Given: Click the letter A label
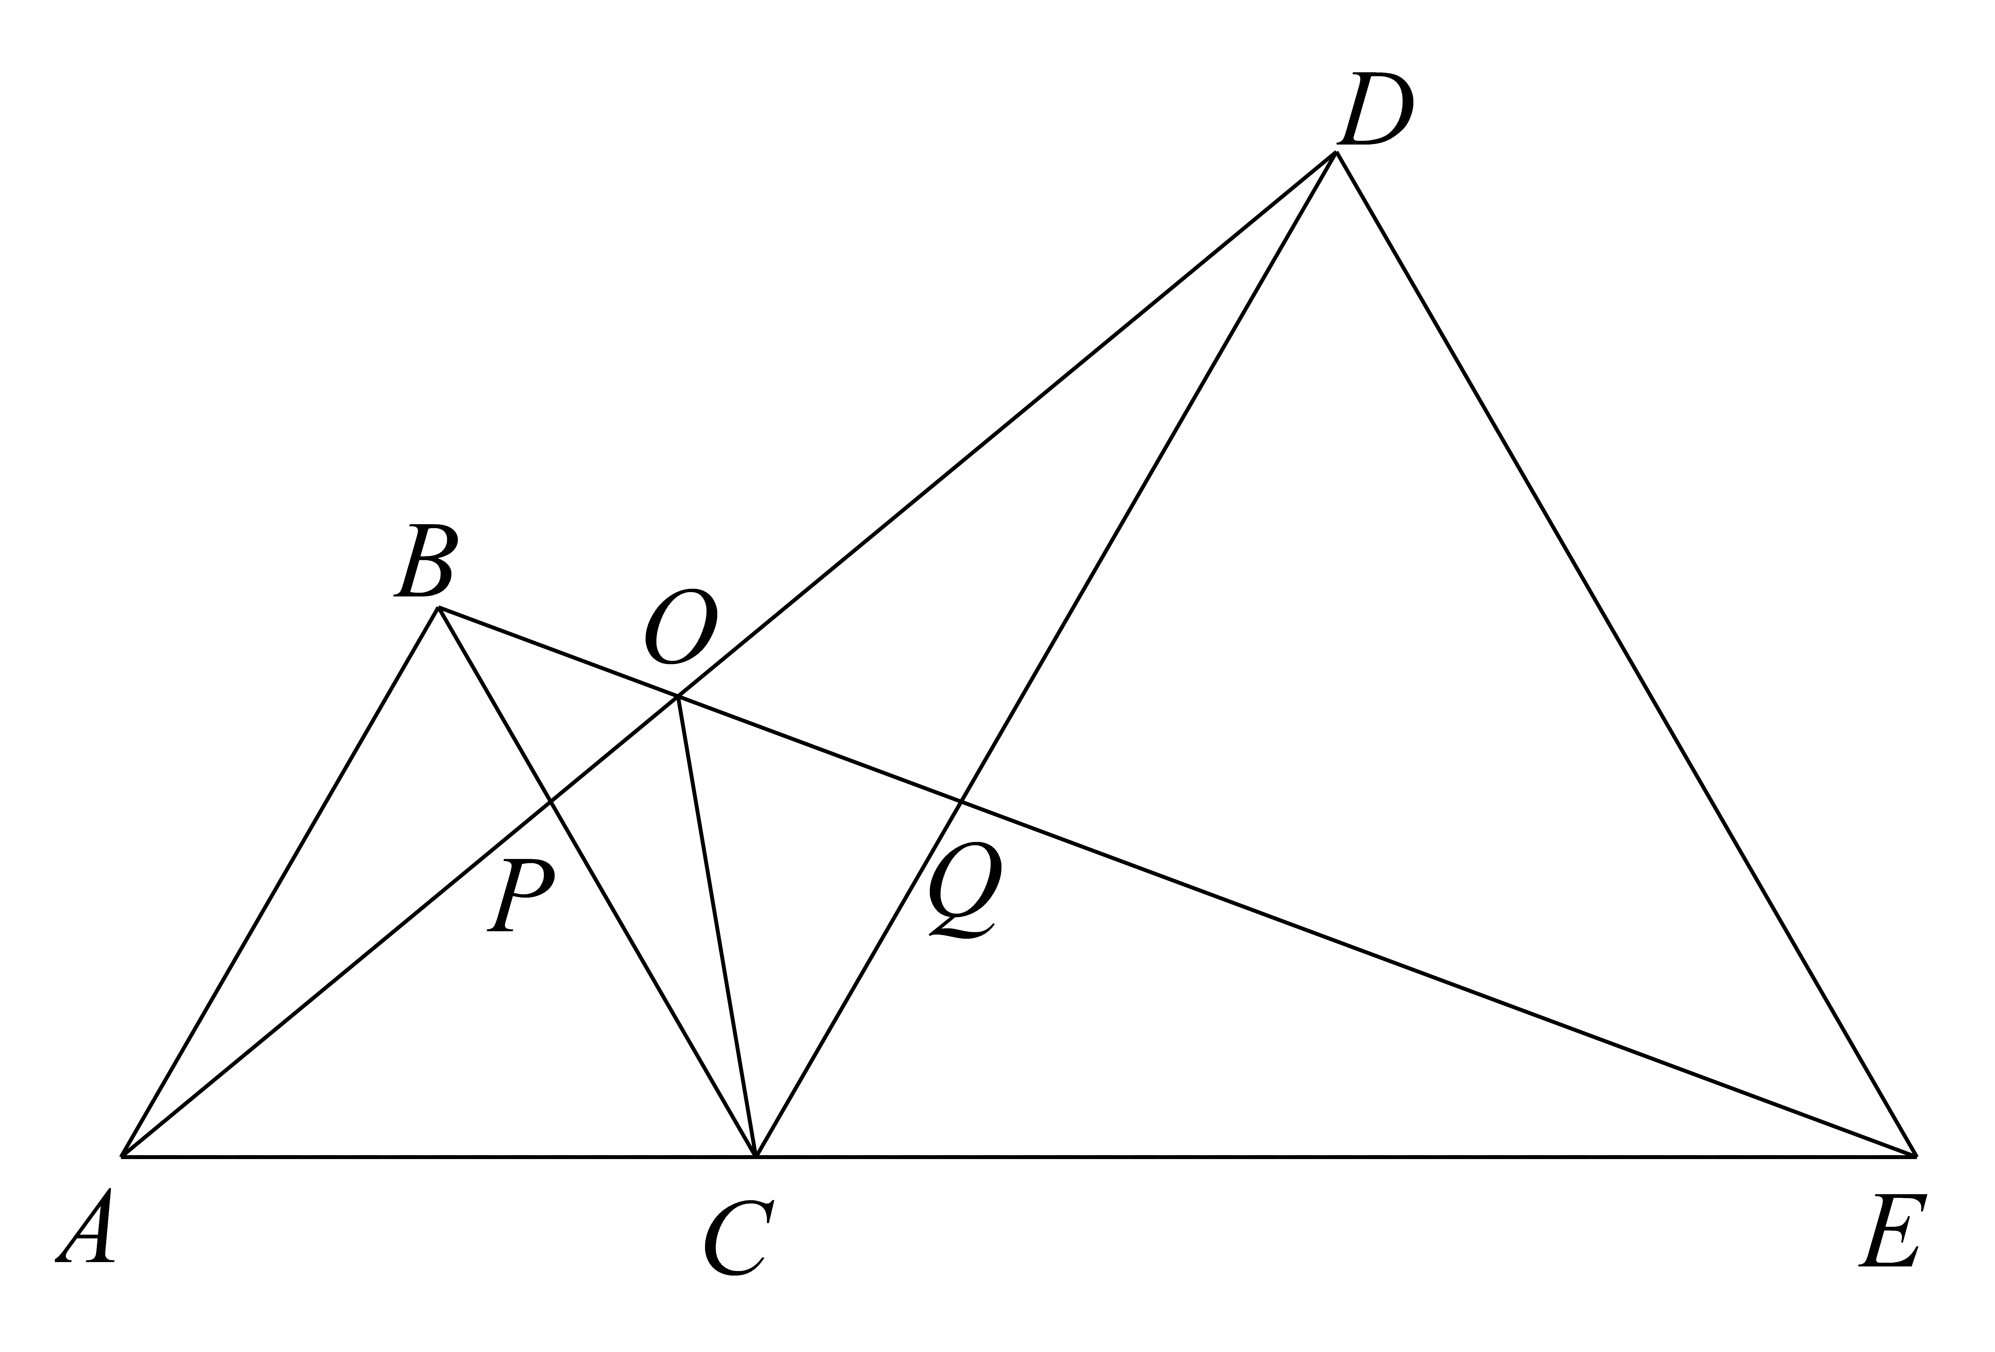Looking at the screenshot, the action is [86, 1226].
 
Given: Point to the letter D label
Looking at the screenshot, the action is [1375, 109].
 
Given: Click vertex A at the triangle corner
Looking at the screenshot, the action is [123, 1156].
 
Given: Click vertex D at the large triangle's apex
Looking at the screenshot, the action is [1336, 153].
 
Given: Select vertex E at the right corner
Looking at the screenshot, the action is [1915, 1156].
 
